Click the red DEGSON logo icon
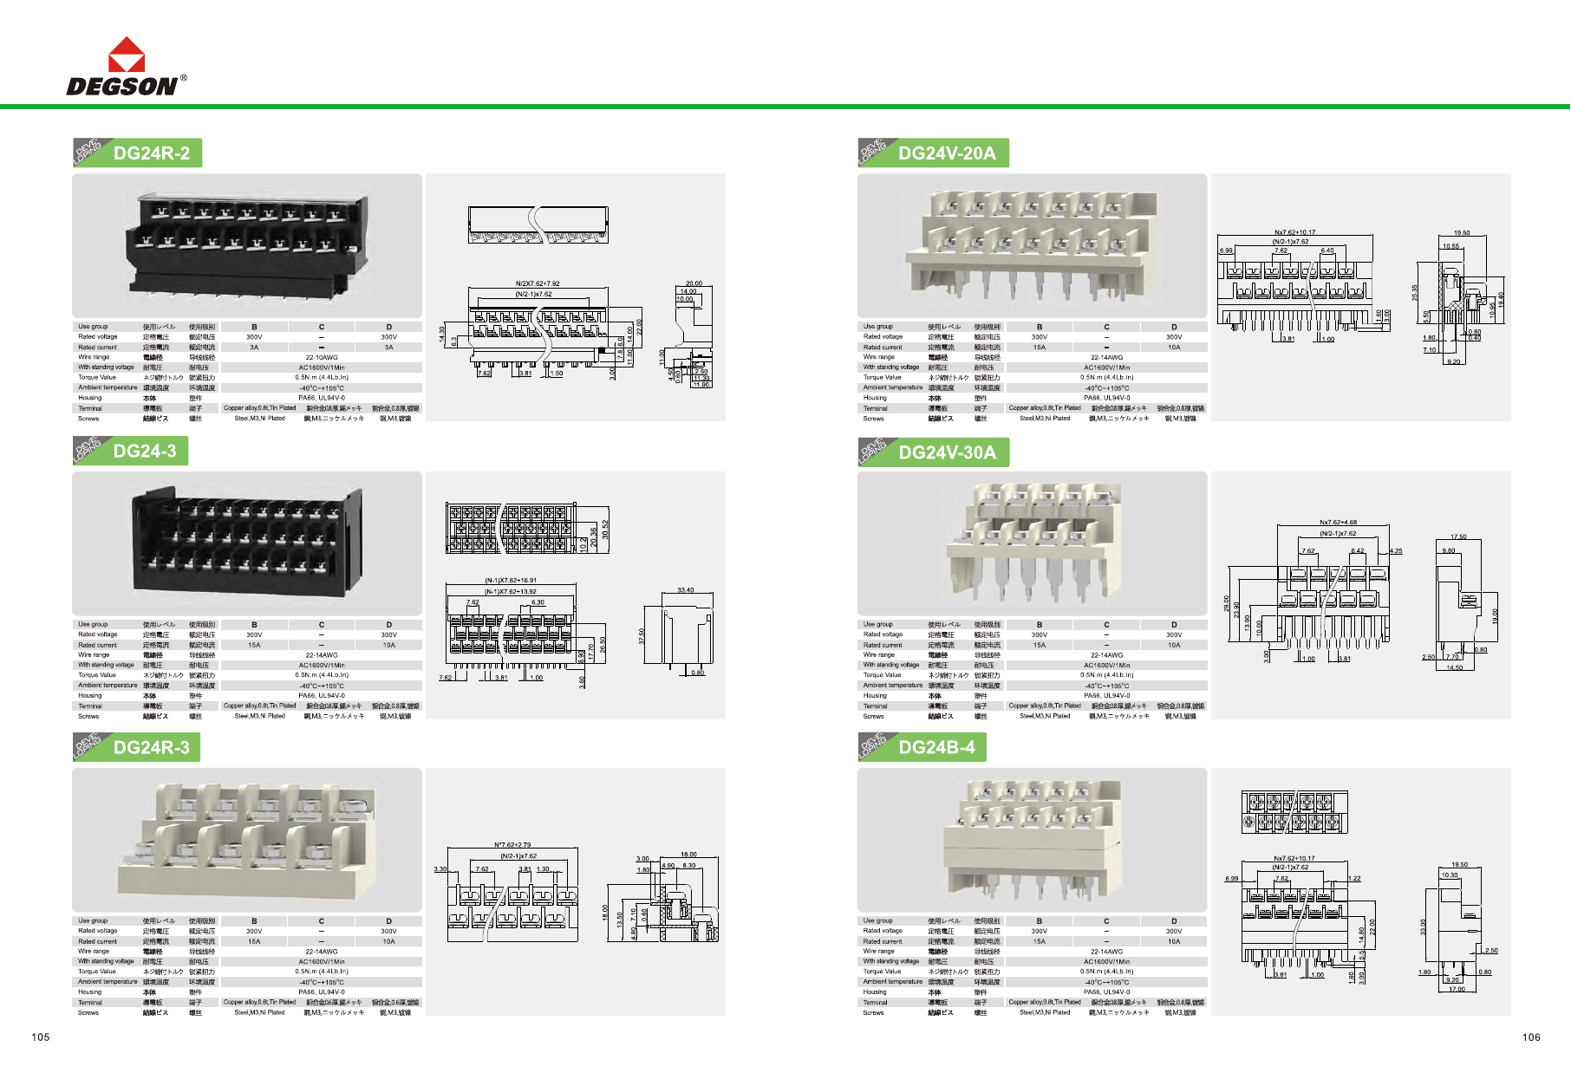point(127,55)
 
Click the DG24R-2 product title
point(151,153)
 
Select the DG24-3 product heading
point(145,452)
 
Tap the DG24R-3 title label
point(151,748)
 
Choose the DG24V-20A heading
point(947,153)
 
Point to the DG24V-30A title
point(947,452)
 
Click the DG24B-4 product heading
point(936,748)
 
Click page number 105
point(41,1037)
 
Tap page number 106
point(1531,1037)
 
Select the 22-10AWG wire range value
point(322,357)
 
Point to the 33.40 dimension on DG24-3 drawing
point(685,590)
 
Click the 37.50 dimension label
point(642,636)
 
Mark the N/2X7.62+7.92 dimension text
point(538,283)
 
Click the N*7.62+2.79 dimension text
point(512,845)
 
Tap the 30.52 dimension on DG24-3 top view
point(605,530)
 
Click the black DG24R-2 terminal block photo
point(247,245)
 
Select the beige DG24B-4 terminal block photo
point(1032,839)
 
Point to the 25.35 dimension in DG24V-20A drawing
point(1415,293)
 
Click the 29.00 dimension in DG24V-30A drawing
point(1227,603)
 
